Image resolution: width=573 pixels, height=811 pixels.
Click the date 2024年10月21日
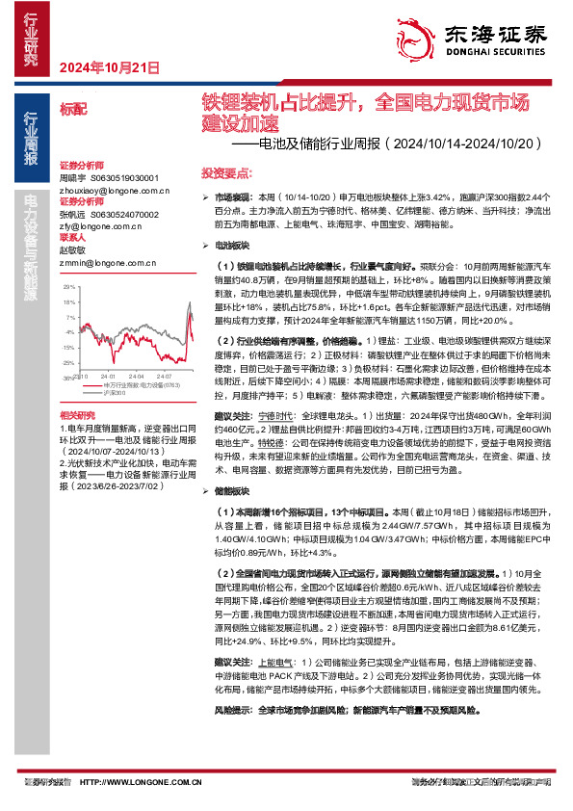(108, 67)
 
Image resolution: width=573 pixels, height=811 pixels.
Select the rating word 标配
(73, 112)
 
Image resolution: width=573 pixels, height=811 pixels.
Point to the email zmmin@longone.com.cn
(101, 261)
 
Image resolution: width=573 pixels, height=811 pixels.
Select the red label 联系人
(72, 237)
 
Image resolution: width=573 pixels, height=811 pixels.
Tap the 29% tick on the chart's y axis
(67, 287)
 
